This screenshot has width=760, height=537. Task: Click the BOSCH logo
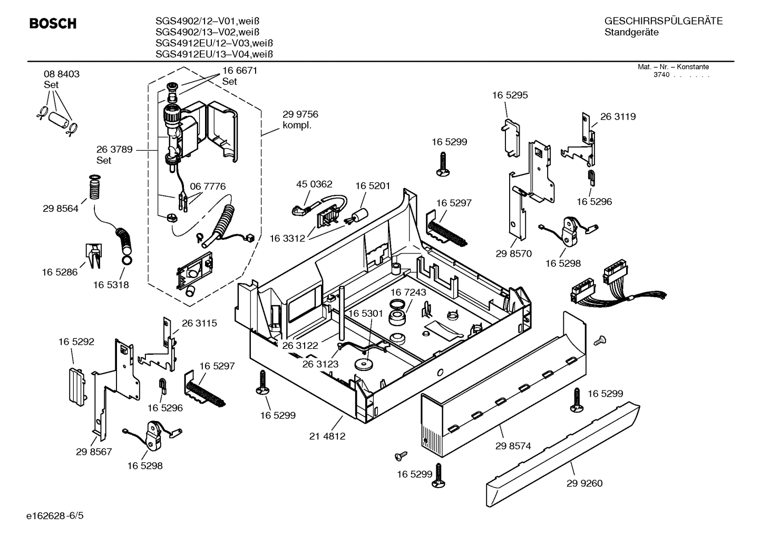pos(53,24)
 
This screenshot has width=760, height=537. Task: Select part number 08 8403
pos(62,74)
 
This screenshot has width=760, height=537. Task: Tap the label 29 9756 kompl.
pos(300,120)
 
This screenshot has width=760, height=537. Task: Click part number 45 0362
pos(314,184)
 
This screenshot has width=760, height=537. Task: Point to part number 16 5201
pos(373,185)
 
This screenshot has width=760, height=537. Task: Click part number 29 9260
pos(584,483)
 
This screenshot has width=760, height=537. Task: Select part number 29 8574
pos(513,446)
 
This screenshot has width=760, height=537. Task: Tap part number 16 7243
pos(408,292)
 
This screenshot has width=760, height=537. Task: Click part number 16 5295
pos(510,95)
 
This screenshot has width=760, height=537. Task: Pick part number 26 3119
pos(618,117)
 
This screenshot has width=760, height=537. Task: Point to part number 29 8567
pos(94,452)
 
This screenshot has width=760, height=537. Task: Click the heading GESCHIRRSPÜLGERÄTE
pos(663,22)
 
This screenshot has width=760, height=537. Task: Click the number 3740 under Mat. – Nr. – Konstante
pos(661,75)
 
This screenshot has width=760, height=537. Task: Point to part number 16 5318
pos(111,285)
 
